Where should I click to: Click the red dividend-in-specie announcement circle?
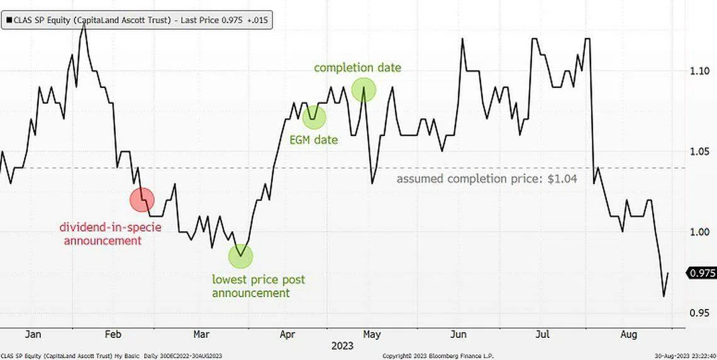pos(142,200)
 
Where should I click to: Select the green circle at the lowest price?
pos(240,256)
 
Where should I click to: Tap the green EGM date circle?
pos(314,117)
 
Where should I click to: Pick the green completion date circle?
pos(364,90)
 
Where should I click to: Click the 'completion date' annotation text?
pos(357,67)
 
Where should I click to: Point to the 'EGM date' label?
pos(313,140)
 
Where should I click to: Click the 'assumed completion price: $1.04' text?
pos(487,179)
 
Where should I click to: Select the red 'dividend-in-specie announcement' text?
pos(110,233)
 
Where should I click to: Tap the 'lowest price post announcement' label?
pos(258,286)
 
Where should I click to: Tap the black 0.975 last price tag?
pos(702,273)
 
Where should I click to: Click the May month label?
pos(372,334)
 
